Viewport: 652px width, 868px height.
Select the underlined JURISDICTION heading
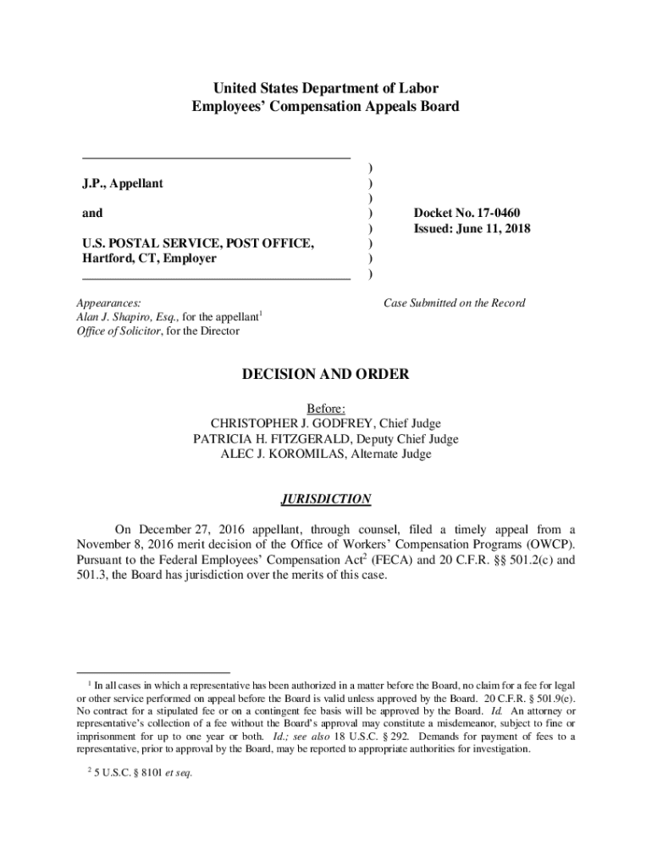326,499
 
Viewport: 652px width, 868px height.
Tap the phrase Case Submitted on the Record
455,303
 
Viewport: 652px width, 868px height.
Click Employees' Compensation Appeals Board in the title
326,107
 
